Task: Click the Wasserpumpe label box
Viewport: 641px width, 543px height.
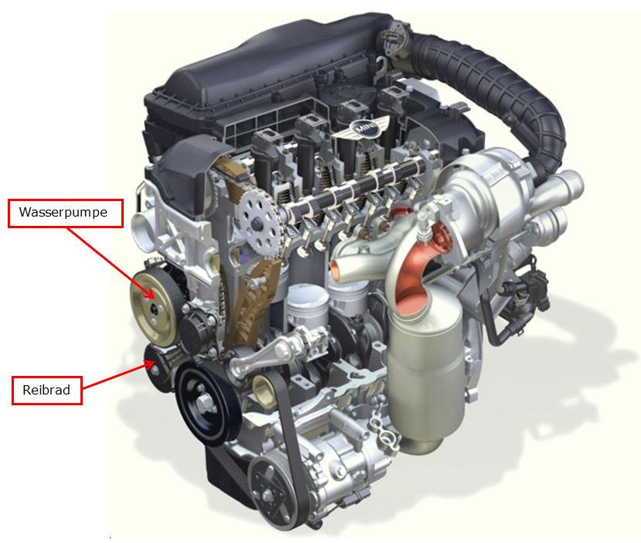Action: (x=66, y=213)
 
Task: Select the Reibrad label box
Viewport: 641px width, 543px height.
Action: (x=46, y=390)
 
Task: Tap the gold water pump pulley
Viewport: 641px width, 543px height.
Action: (x=154, y=308)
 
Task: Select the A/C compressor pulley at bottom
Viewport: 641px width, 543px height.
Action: (x=272, y=492)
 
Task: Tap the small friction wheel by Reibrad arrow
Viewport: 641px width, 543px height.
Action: (x=158, y=368)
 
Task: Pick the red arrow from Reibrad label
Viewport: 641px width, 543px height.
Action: (x=118, y=374)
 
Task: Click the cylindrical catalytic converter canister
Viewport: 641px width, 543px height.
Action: (x=425, y=373)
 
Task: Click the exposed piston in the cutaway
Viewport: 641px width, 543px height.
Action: (x=308, y=303)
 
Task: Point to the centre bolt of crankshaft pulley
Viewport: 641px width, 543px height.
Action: (x=203, y=405)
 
